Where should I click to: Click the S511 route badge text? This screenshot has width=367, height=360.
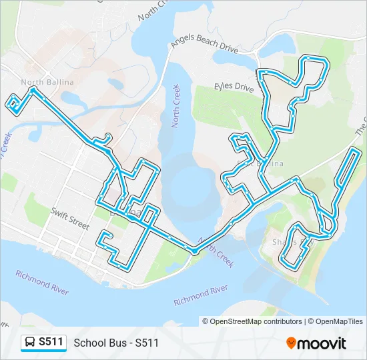tap(51, 342)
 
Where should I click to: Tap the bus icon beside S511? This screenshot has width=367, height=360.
tap(30, 343)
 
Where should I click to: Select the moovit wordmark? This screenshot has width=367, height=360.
tap(322, 343)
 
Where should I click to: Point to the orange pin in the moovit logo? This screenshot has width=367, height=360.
tap(291, 343)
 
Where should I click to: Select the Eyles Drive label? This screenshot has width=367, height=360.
tap(234, 87)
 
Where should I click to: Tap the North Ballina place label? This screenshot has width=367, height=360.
tap(47, 82)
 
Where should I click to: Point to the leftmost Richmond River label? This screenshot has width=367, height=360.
tap(42, 279)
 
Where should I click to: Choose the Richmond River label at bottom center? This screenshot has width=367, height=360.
tap(201, 296)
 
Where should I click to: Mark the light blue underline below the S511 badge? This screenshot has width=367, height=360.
tap(43, 351)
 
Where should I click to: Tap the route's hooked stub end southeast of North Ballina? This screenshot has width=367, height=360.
tap(107, 137)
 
